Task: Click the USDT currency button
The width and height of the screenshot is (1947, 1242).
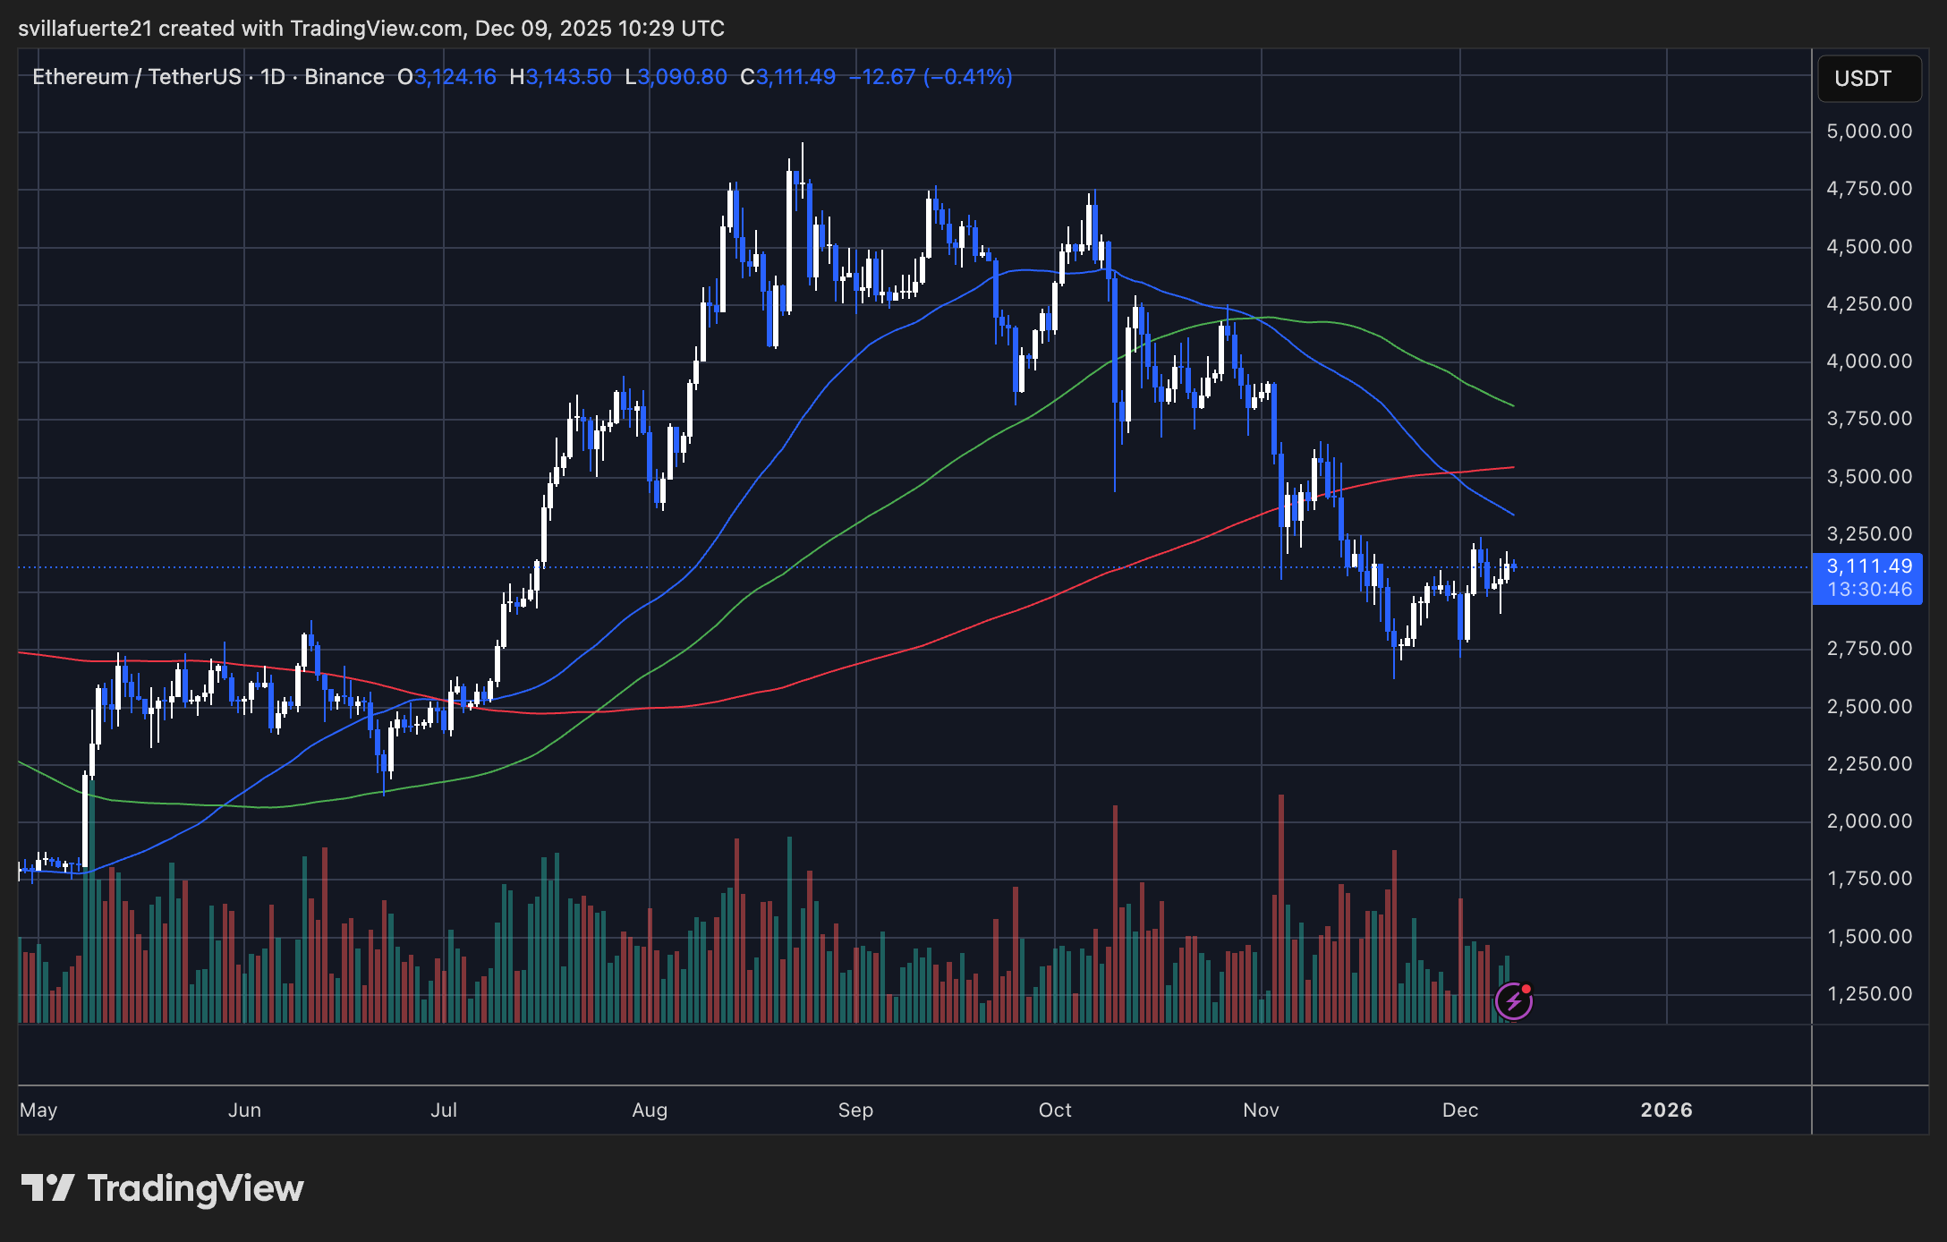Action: (1868, 79)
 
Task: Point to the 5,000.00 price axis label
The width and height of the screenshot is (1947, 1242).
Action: (1868, 132)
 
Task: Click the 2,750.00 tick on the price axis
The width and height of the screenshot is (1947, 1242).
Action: (1868, 649)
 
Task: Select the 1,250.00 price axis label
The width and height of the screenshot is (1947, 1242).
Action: (1868, 994)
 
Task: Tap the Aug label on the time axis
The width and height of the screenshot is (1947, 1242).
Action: (650, 1110)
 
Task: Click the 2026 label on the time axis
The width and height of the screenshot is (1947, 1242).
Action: (1666, 1110)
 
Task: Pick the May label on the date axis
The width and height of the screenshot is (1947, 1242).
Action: (38, 1110)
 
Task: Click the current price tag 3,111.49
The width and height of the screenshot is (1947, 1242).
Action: (1868, 566)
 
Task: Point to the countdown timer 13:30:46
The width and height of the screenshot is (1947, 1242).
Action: (1868, 590)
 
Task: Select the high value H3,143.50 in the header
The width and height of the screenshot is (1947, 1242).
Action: (561, 77)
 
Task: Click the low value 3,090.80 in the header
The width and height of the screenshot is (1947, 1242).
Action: (682, 77)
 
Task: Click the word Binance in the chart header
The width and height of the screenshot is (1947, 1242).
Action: (344, 77)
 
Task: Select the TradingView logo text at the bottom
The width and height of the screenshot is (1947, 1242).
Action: (195, 1188)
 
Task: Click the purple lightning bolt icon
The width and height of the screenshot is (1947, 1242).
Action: (1514, 1001)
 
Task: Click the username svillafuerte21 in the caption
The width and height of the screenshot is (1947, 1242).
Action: (85, 29)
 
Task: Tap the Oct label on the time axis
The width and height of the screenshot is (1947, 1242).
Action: (1055, 1110)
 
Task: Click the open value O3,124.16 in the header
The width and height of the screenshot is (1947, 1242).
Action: (447, 77)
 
